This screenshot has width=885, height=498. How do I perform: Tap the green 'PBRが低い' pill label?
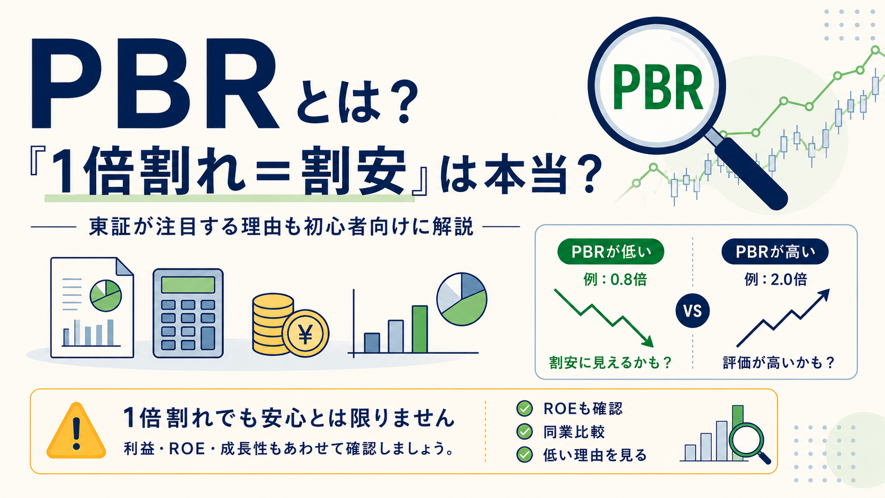tap(610, 251)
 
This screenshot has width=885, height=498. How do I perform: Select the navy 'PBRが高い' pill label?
tap(775, 251)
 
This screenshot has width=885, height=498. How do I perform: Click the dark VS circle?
tap(692, 311)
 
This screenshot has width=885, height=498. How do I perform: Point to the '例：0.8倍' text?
tap(615, 279)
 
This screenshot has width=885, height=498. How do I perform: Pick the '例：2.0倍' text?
tap(775, 279)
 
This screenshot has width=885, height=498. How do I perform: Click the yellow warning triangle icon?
tap(76, 431)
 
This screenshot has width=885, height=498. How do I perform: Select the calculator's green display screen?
tap(188, 284)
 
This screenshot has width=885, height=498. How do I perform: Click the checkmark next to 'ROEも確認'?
tap(525, 409)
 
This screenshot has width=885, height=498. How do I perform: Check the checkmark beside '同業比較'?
tap(525, 432)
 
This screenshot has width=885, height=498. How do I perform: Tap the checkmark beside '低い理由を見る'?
tap(525, 455)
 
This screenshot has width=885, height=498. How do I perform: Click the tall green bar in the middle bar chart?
tap(420, 329)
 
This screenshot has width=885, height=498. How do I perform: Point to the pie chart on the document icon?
tap(105, 295)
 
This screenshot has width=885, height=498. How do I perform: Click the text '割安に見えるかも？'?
tap(610, 363)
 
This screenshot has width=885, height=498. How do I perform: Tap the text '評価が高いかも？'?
tap(779, 363)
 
